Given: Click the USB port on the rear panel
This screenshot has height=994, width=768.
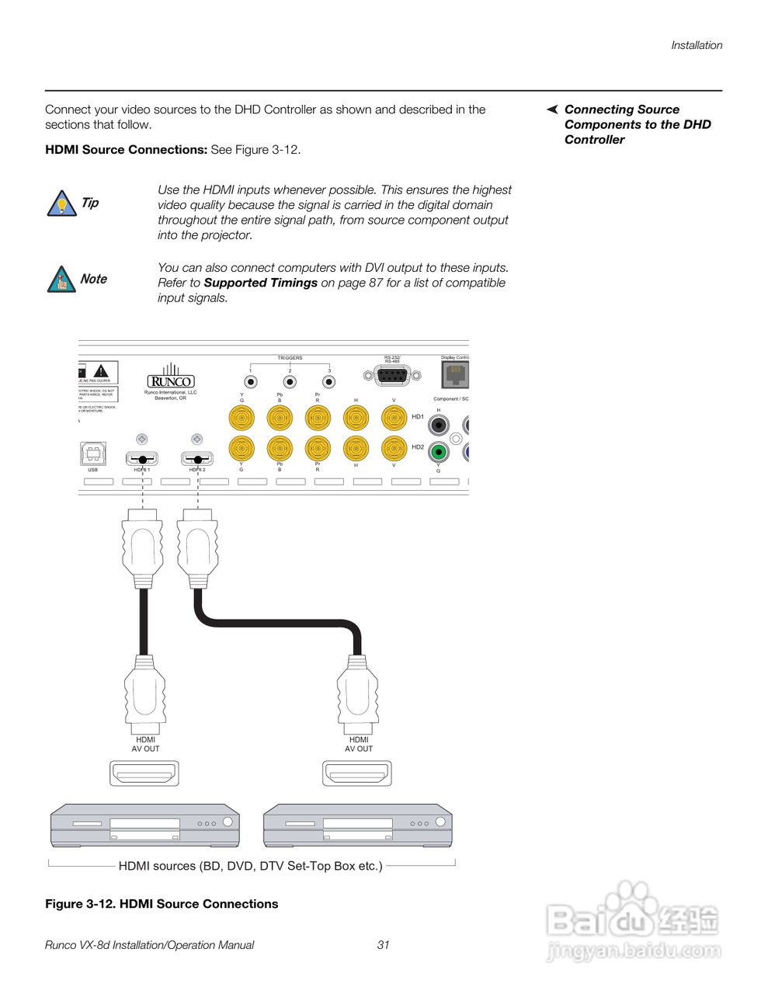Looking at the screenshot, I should tap(93, 454).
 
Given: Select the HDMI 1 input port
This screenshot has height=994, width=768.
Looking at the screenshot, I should tap(142, 459).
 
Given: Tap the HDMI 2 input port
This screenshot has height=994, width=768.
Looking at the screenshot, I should tap(197, 459).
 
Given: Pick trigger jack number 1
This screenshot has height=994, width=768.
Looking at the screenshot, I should tap(251, 382).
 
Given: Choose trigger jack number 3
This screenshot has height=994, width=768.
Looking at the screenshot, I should tap(329, 382).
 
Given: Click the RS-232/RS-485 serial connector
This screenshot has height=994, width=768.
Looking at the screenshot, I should tap(392, 376).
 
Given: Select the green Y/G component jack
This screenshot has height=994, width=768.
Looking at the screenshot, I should tap(439, 452).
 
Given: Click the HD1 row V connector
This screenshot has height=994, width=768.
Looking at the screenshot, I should tap(394, 419).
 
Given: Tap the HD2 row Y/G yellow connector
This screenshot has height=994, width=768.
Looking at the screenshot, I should tap(242, 449).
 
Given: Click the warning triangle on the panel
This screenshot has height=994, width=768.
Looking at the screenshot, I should tap(101, 370).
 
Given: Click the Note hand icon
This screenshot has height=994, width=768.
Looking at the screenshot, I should tap(61, 280).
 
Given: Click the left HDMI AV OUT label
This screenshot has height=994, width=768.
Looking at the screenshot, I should tap(145, 744).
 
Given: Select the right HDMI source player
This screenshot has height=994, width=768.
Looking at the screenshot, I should tap(358, 826).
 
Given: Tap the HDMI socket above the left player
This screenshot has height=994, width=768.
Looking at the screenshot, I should tap(144, 773).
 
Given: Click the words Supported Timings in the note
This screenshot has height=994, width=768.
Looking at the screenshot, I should tap(260, 283).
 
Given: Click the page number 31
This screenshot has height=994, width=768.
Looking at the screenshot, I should tap(384, 945).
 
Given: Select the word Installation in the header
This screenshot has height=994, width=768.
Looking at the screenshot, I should tap(697, 45).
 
